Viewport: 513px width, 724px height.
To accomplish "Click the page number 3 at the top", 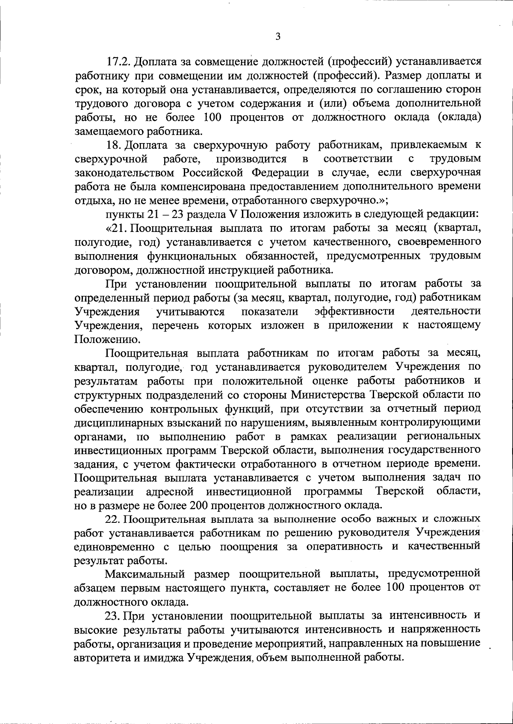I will pyautogui.click(x=278, y=37).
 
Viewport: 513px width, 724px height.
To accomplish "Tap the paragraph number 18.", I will pyautogui.click(x=113, y=145).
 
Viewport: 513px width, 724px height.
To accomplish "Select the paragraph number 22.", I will pyautogui.click(x=114, y=519).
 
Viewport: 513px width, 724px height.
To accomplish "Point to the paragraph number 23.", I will pyautogui.click(x=114, y=616).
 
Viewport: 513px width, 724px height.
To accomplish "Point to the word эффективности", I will pyautogui.click(x=354, y=311).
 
